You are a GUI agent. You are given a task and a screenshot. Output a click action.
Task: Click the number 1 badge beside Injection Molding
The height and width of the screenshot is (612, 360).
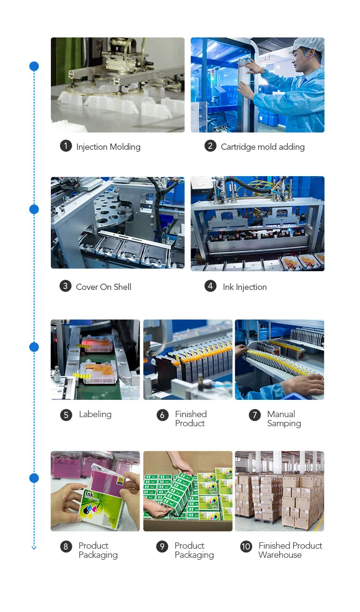click(x=66, y=146)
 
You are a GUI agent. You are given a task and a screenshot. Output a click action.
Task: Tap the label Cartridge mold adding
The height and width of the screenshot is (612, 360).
click(x=263, y=147)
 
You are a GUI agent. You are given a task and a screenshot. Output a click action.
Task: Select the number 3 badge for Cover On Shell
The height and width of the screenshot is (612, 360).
click(x=65, y=286)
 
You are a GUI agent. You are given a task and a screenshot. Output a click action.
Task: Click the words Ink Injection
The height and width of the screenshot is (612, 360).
click(x=244, y=287)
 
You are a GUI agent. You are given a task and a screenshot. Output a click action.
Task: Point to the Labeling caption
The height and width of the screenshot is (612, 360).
click(x=95, y=414)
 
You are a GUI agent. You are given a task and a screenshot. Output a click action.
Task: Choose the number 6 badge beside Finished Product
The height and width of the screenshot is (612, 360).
click(x=163, y=415)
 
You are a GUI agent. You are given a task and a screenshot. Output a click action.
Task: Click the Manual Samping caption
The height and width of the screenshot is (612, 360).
click(x=284, y=419)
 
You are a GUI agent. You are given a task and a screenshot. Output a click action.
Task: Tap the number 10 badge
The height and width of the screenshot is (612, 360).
click(x=246, y=546)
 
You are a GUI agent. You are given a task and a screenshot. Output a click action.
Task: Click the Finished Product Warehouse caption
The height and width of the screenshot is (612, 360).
click(x=290, y=550)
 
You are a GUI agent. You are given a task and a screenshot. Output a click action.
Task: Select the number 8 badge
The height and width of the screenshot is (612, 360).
click(x=66, y=546)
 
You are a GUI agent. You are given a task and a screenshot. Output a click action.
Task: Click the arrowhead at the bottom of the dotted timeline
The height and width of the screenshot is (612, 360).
click(x=34, y=547)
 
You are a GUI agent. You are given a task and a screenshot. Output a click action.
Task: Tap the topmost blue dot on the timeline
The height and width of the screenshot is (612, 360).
click(x=34, y=66)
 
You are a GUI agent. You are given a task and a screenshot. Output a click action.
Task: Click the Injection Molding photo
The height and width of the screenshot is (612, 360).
click(x=118, y=85)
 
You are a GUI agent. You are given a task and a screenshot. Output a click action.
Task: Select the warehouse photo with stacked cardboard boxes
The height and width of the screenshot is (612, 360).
click(x=279, y=491)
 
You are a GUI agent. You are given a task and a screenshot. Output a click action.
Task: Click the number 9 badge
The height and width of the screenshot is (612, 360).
click(x=162, y=546)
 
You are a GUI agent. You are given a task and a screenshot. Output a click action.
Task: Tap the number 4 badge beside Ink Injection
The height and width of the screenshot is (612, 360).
click(x=210, y=286)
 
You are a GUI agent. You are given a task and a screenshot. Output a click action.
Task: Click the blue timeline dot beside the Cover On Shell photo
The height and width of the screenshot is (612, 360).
click(x=34, y=209)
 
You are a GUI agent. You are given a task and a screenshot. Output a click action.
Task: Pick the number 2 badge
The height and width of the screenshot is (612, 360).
click(x=210, y=146)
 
